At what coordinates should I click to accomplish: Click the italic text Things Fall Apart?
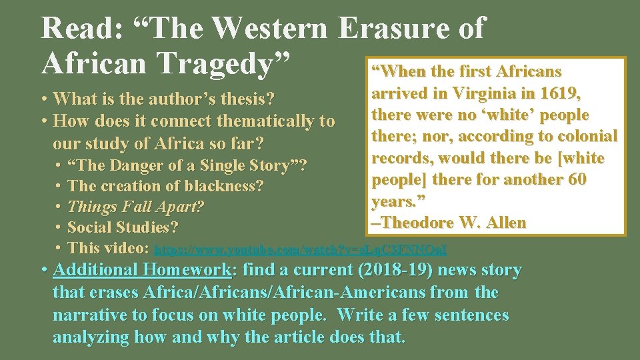[135, 207]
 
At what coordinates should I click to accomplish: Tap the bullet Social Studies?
[123, 227]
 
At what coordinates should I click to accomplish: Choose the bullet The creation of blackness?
[166, 186]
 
